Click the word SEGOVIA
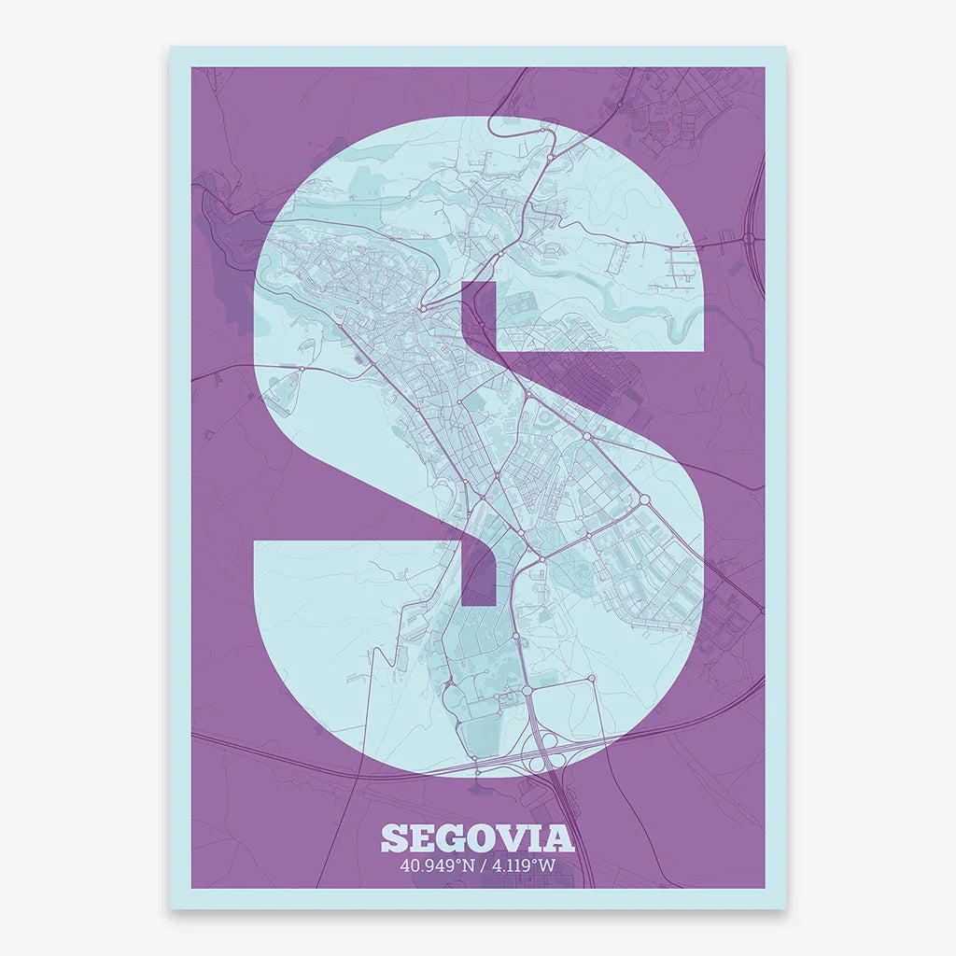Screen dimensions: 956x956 pyautogui.click(x=477, y=837)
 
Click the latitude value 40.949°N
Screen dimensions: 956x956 pyautogui.click(x=434, y=865)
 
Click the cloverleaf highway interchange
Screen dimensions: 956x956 pyautogui.click(x=542, y=758)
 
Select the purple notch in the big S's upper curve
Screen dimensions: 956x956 pyautogui.click(x=479, y=316)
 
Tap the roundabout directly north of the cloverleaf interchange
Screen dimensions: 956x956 pyautogui.click(x=527, y=691)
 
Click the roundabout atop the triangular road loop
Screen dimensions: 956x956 pyautogui.click(x=302, y=370)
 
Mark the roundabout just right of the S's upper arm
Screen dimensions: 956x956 pyautogui.click(x=749, y=239)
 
